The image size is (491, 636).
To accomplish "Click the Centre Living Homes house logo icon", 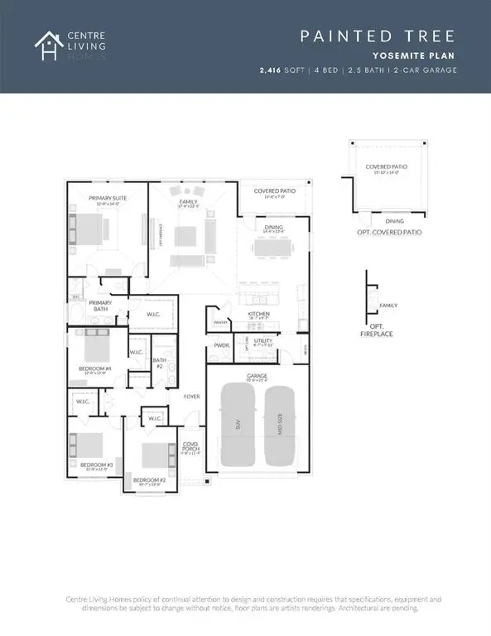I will tap(46, 46).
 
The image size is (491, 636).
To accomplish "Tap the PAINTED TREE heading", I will tap(376, 36).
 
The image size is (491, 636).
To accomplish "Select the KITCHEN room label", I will tap(259, 315).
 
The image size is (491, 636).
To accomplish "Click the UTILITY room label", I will tap(264, 340).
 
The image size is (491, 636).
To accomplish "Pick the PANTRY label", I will tap(220, 322).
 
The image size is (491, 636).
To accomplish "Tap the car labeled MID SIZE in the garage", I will tap(280, 431).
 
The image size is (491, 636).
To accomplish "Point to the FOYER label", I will tap(192, 397).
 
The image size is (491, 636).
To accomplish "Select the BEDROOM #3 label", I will tap(96, 465).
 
